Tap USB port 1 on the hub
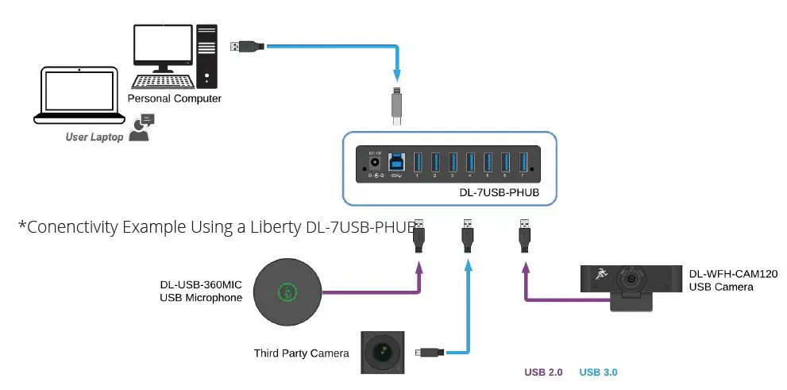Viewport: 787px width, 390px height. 417,162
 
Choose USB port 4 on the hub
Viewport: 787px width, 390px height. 469,162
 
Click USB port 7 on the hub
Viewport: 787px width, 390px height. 523,162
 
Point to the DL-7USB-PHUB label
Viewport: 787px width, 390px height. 500,192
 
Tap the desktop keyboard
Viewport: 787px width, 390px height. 162,81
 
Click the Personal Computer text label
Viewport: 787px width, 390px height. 175,98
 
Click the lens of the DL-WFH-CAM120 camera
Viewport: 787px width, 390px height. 631,280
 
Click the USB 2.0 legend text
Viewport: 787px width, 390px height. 543,372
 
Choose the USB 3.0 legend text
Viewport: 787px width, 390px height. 598,372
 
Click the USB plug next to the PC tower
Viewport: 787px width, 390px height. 245,47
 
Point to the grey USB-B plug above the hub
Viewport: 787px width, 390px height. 397,107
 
